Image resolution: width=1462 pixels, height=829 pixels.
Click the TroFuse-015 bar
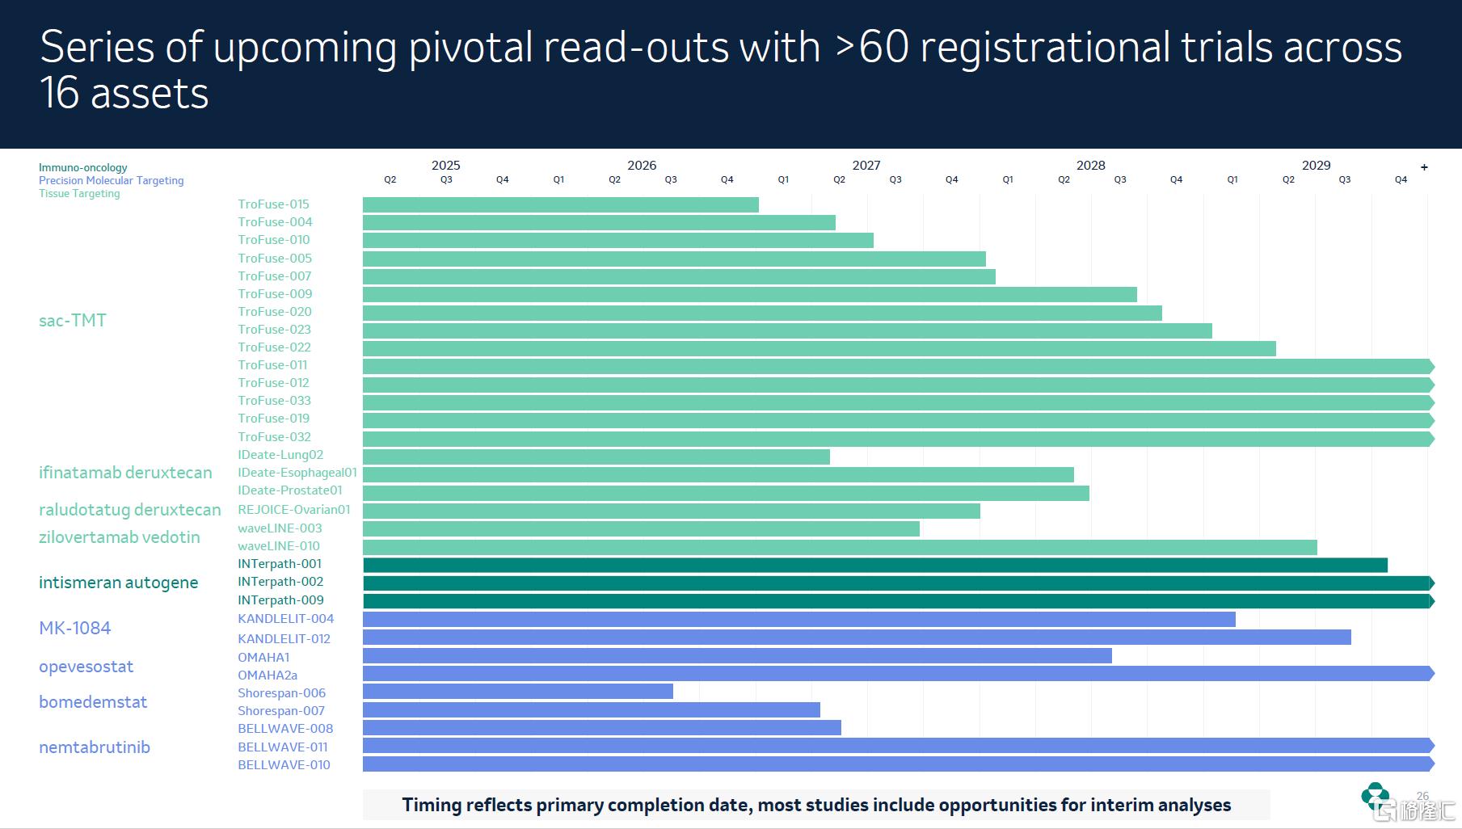[560, 204]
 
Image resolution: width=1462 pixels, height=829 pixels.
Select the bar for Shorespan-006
[517, 692]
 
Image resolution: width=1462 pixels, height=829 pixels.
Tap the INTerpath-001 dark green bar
[874, 565]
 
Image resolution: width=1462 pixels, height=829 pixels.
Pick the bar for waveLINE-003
[641, 528]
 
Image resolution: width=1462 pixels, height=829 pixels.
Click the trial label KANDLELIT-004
[285, 619]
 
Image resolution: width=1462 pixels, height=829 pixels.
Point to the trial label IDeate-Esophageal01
[297, 473]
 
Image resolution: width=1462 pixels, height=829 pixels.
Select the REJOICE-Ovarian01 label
[293, 510]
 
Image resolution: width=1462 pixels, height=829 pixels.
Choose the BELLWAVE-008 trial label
[284, 729]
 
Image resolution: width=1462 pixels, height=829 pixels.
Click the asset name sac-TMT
[72, 321]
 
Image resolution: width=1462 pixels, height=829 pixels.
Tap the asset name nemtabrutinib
[94, 747]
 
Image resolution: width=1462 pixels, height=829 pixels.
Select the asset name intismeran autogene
[118, 583]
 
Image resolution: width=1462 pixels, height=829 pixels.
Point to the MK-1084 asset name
[74, 628]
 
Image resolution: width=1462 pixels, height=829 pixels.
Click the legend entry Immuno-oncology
[82, 168]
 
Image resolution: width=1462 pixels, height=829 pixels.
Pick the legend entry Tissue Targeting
[79, 194]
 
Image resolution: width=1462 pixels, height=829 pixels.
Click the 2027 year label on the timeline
[866, 166]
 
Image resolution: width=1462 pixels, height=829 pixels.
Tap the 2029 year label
[1315, 166]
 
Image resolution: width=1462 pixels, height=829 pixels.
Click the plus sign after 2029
[1424, 167]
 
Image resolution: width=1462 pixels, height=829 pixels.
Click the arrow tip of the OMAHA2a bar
[1430, 673]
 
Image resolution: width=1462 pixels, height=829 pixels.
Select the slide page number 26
[1422, 796]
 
